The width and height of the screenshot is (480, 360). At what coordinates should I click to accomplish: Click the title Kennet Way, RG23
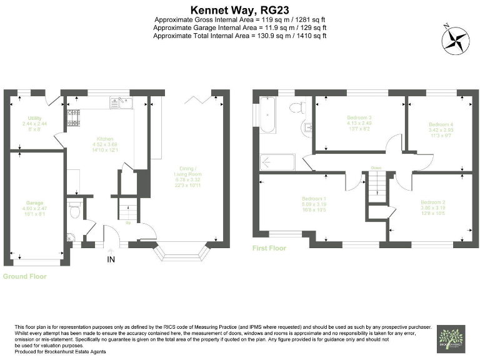[x=240, y=9]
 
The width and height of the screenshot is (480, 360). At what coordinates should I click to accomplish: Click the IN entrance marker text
[x=111, y=259]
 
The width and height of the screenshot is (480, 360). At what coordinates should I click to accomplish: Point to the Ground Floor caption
[x=25, y=276]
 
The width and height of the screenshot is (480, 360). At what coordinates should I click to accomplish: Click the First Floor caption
[x=269, y=248]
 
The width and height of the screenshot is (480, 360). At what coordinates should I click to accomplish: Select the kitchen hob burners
[x=73, y=115]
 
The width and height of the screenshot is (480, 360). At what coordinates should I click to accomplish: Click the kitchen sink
[x=119, y=101]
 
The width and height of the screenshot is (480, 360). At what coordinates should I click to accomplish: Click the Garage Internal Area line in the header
[x=240, y=27]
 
